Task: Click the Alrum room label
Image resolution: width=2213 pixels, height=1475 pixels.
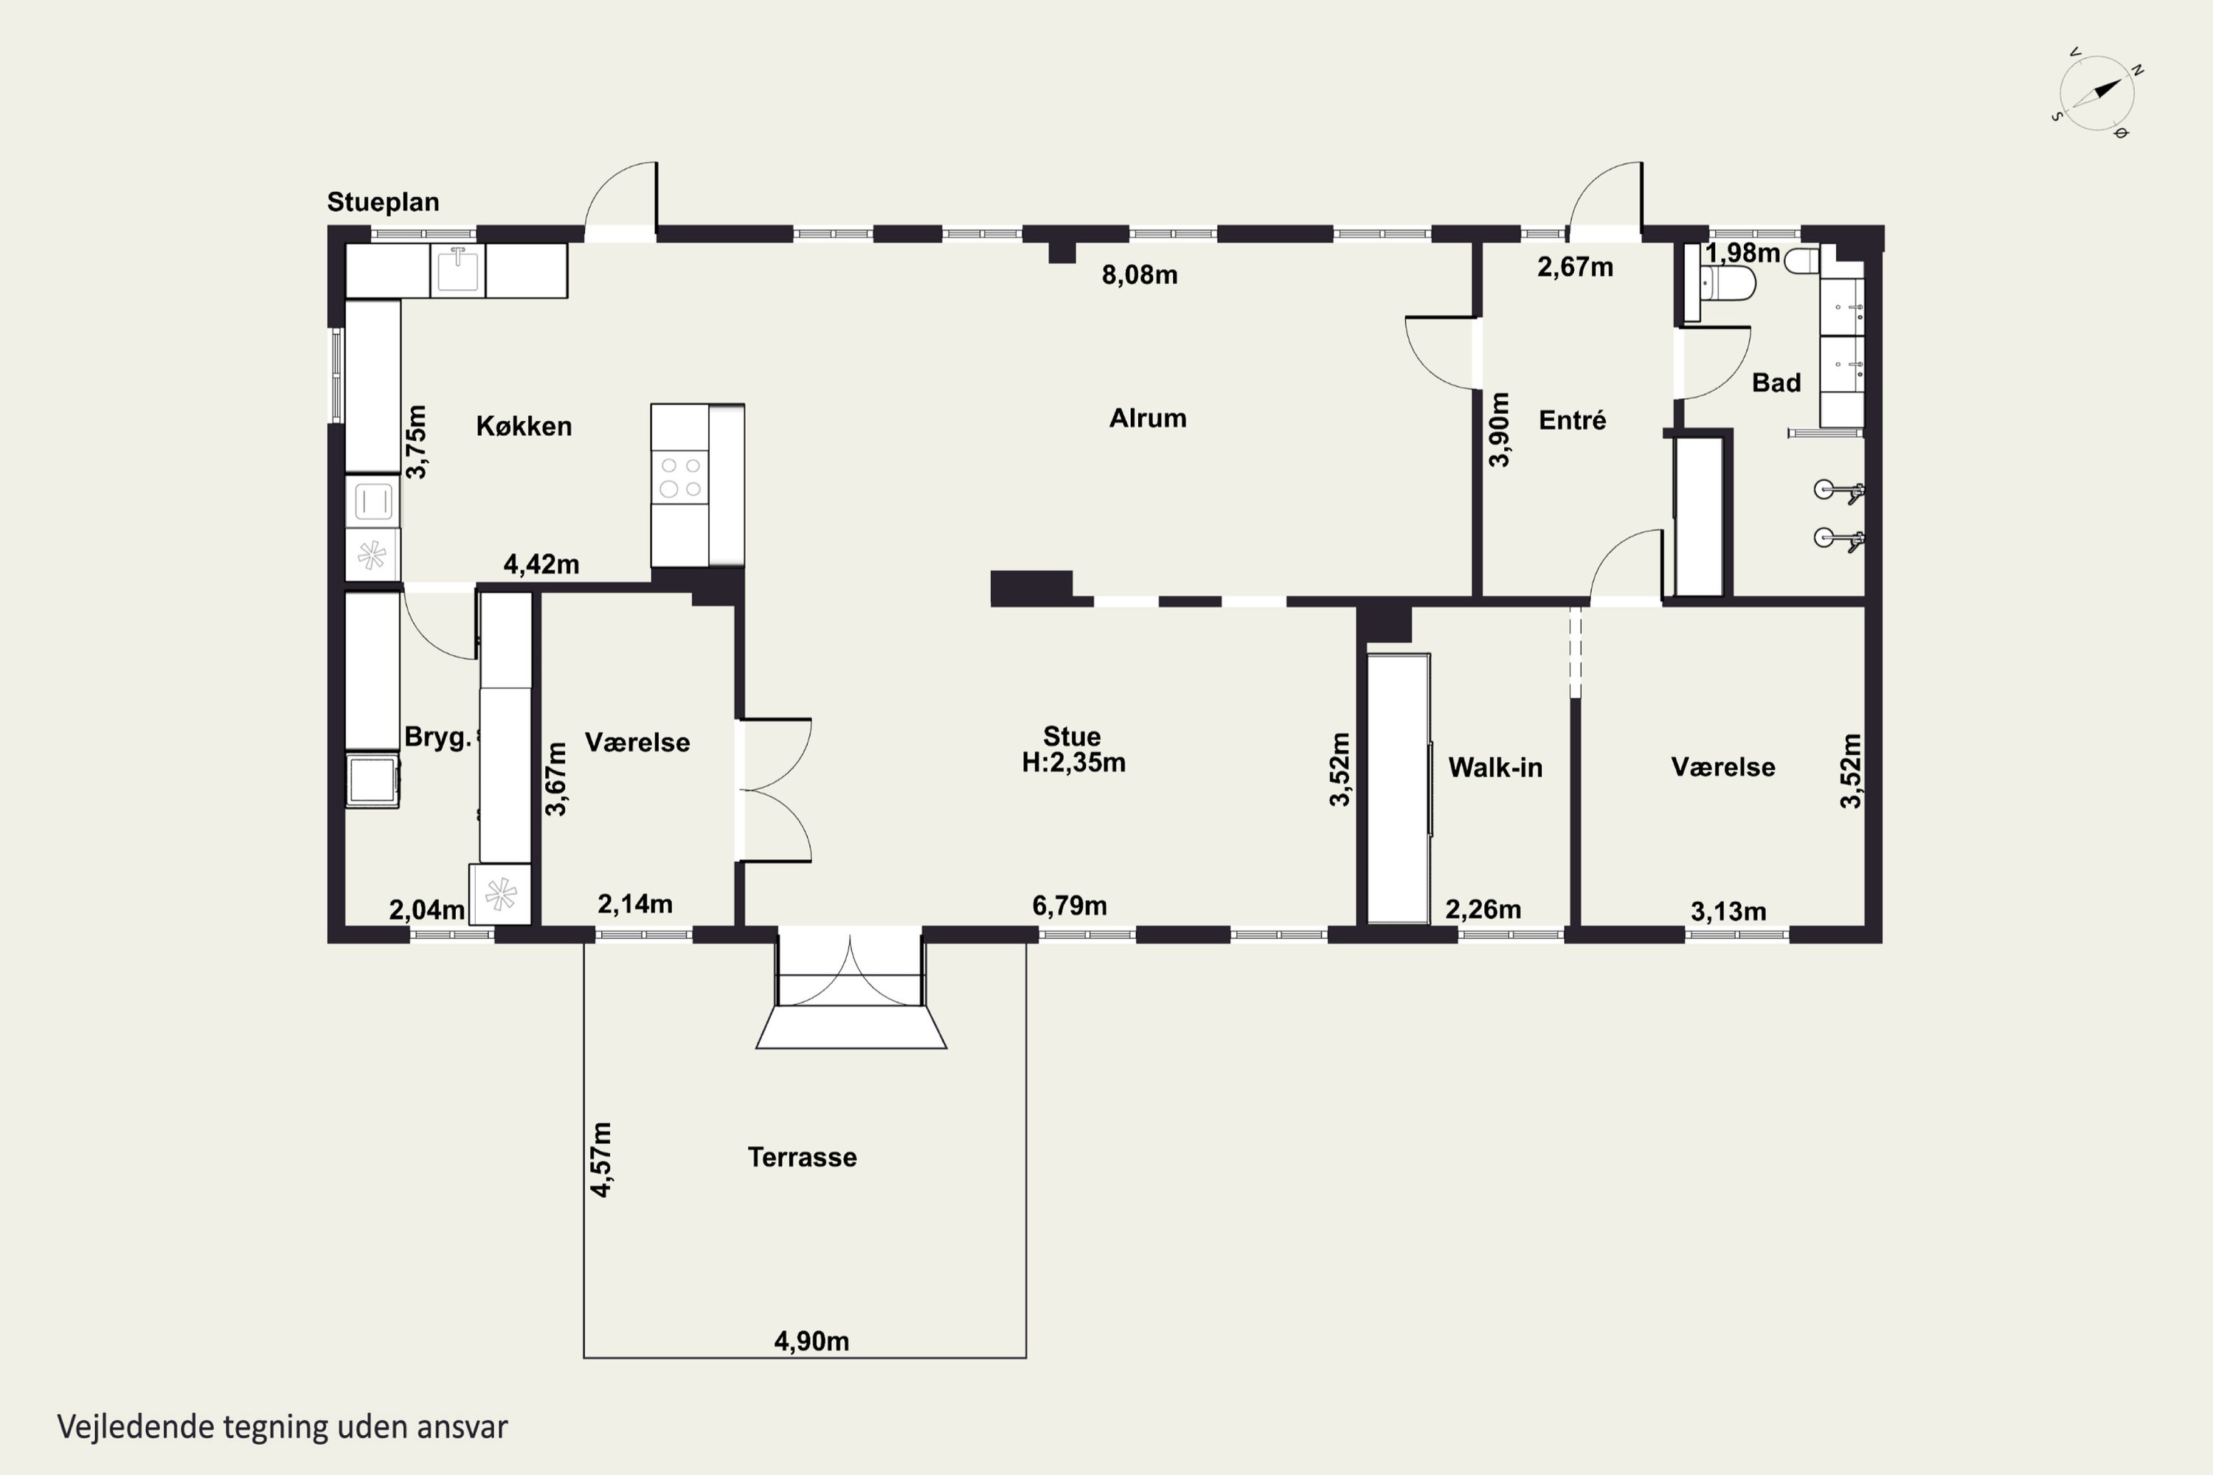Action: coord(1147,419)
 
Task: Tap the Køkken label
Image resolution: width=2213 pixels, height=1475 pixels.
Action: coord(524,426)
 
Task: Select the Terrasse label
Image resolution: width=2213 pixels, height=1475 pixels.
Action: coord(802,1157)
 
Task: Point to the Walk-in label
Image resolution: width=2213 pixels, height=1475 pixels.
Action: coord(1495,768)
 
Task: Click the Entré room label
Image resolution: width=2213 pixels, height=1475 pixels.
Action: coord(1572,420)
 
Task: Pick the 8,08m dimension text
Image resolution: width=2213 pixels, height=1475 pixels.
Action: coord(1140,274)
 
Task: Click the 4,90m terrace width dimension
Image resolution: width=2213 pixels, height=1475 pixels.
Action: coord(811,1341)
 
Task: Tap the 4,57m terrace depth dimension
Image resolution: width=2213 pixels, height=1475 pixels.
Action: coord(600,1159)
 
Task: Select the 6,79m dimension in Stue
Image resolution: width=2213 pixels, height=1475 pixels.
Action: coord(1069,905)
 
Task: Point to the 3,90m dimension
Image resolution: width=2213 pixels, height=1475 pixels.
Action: coord(1499,429)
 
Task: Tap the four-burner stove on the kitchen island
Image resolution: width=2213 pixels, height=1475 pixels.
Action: coord(680,477)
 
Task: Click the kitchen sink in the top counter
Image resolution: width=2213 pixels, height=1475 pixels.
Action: coord(458,270)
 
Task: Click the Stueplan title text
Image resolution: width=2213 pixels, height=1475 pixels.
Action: coord(383,202)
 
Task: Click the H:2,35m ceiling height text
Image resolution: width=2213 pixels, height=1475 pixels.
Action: coord(1073,762)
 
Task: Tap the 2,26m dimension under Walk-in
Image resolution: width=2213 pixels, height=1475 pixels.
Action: coord(1483,909)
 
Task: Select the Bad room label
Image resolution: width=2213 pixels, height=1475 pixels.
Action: coord(1776,383)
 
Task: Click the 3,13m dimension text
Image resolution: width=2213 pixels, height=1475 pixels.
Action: coord(1728,911)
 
